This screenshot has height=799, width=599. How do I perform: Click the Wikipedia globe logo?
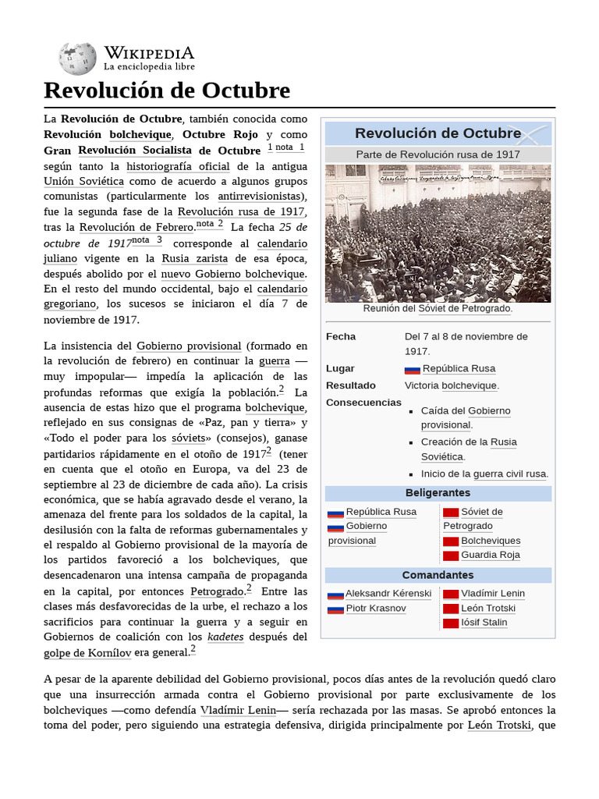coord(77,59)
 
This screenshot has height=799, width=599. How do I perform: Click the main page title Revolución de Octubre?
coord(167,91)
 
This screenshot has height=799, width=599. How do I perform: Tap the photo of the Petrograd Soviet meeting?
coord(438,233)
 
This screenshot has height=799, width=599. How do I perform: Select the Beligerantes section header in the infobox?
coord(438,493)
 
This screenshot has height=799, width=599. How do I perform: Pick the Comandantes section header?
coord(438,575)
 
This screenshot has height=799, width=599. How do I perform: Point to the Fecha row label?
coord(341,336)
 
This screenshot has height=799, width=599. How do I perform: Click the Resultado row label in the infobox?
coord(351,385)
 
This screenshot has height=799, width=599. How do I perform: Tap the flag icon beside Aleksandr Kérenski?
coord(335,595)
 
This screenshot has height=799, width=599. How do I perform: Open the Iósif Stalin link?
coord(484,623)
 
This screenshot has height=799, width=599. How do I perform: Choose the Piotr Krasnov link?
coord(376,609)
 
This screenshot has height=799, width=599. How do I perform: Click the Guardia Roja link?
coord(491,556)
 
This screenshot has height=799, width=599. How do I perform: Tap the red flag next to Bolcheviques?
coord(451,542)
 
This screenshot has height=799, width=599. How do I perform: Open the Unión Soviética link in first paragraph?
coord(84,181)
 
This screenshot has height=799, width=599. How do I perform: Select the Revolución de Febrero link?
coord(136,227)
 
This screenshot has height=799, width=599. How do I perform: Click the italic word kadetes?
coord(225,637)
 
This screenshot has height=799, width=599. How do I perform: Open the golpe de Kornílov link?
coord(87,652)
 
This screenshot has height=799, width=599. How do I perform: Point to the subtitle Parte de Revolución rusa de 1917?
coord(438,154)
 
